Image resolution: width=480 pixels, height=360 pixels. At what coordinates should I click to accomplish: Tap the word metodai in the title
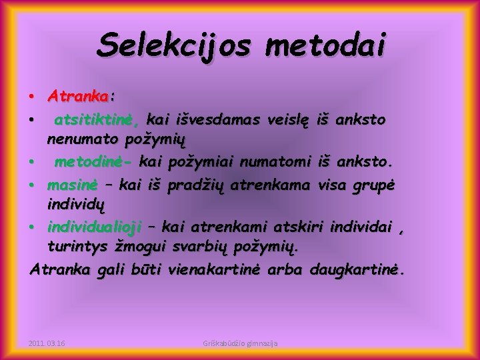click(325, 45)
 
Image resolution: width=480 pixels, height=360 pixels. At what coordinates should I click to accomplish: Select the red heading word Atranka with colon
click(81, 97)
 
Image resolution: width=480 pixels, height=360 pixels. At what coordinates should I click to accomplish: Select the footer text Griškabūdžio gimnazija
click(240, 343)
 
